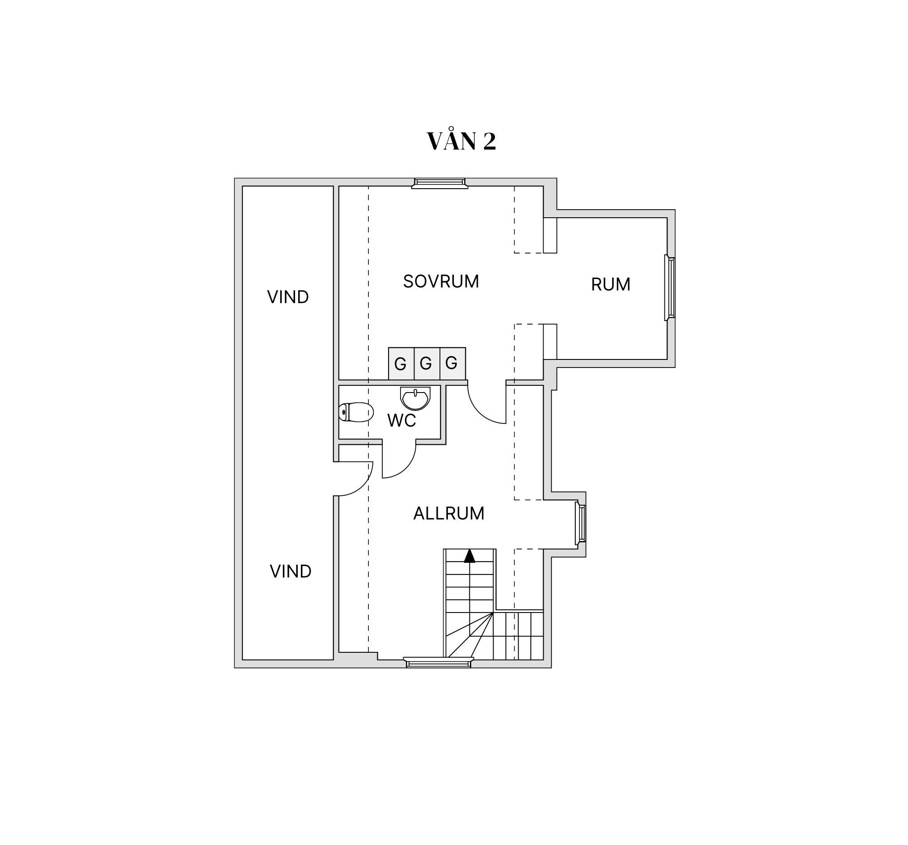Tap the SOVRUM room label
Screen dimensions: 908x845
click(x=441, y=281)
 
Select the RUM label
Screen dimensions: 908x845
click(x=611, y=284)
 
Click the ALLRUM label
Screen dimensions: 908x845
click(x=448, y=513)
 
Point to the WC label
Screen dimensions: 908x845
click(x=401, y=421)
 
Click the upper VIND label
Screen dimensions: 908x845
click(x=288, y=297)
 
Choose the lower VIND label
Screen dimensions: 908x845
click(x=291, y=571)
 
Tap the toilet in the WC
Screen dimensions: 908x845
click(x=356, y=413)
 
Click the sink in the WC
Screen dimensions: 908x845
click(x=415, y=398)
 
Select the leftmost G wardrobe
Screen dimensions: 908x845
click(x=401, y=363)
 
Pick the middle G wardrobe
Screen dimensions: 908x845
click(x=427, y=363)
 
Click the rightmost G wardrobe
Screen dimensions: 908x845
click(x=452, y=363)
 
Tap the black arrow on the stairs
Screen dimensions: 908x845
click(x=469, y=556)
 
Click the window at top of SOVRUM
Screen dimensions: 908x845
click(x=439, y=183)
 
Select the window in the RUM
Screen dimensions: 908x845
click(x=670, y=288)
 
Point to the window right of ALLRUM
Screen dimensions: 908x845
click(x=581, y=524)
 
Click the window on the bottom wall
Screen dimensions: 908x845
click(x=439, y=662)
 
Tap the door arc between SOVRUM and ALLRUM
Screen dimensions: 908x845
click(x=480, y=412)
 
